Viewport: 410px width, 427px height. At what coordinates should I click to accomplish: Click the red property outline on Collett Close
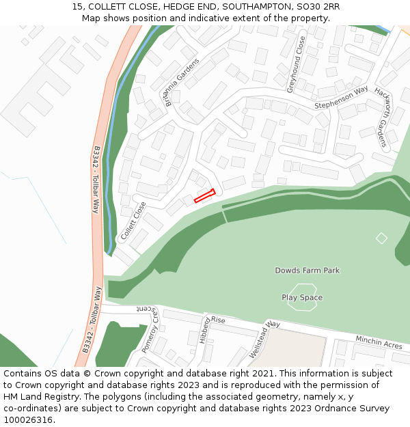click(x=204, y=196)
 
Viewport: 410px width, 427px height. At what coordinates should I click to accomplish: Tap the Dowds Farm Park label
click(x=307, y=271)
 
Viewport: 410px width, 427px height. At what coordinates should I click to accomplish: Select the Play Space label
click(x=302, y=298)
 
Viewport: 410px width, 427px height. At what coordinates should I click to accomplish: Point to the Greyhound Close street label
click(x=295, y=65)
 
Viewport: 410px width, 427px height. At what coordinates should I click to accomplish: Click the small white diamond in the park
click(x=381, y=238)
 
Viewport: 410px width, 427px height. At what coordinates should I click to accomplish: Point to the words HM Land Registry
click(x=35, y=396)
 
